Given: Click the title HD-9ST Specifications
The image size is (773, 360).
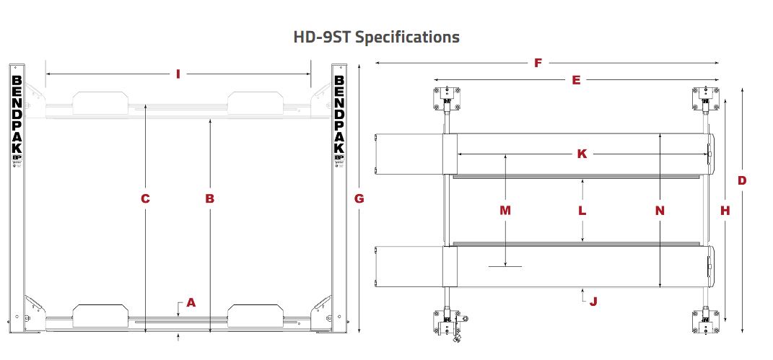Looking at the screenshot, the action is coord(376,37).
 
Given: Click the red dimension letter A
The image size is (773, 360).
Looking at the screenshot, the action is coord(191,302).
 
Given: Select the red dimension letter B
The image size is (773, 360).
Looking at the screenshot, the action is coord(209,198).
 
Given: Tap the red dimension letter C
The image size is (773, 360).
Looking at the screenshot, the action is coord(145,198).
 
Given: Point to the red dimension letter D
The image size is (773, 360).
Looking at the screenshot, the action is coord(742,181).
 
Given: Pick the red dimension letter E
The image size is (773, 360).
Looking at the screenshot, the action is coord(576,80).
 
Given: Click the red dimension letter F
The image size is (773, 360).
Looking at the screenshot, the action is coord(538,63).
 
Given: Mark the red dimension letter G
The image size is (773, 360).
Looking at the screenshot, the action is coord(359,198).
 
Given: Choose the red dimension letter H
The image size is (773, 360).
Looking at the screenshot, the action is coord(725,211).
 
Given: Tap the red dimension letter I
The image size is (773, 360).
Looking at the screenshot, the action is coord(178,74).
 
